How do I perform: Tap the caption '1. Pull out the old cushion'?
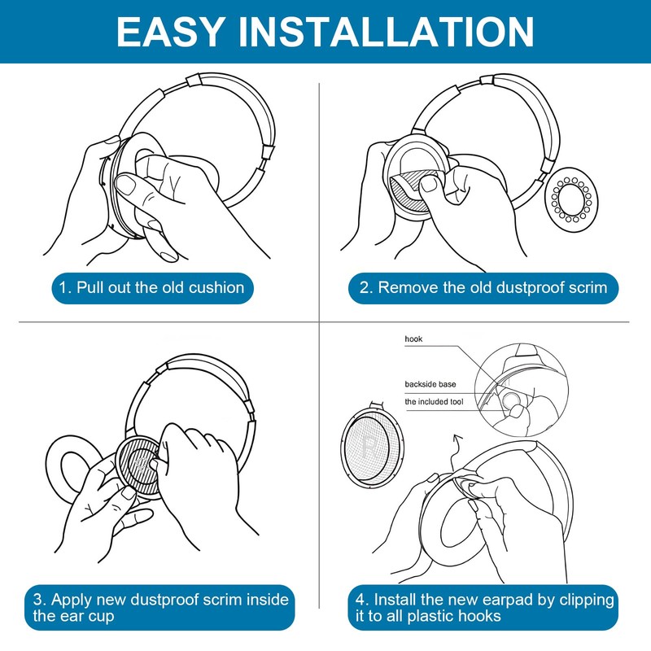point(151,287)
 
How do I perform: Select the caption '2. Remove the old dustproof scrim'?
point(483,287)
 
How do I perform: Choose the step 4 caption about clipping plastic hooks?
point(485,607)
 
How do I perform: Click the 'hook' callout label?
point(413,339)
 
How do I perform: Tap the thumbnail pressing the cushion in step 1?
point(128,186)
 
